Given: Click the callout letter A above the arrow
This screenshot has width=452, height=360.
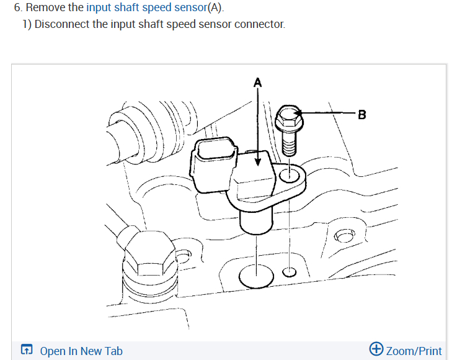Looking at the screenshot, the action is tap(258, 81).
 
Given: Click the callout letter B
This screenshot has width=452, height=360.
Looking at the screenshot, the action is tap(362, 114).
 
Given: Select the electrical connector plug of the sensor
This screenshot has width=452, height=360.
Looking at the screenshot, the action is tap(213, 163).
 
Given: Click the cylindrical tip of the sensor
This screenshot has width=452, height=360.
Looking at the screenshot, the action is tap(255, 220).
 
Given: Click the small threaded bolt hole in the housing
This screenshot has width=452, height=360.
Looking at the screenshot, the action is tap(289, 271).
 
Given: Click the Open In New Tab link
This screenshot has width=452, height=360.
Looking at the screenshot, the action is tap(81, 351).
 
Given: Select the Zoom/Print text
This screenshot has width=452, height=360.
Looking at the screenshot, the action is tap(414, 351).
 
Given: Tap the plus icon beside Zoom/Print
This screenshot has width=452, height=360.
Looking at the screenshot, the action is tap(376, 349).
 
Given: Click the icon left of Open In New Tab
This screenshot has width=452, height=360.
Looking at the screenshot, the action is tap(27, 350).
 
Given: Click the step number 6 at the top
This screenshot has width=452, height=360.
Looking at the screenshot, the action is tap(17, 8).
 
